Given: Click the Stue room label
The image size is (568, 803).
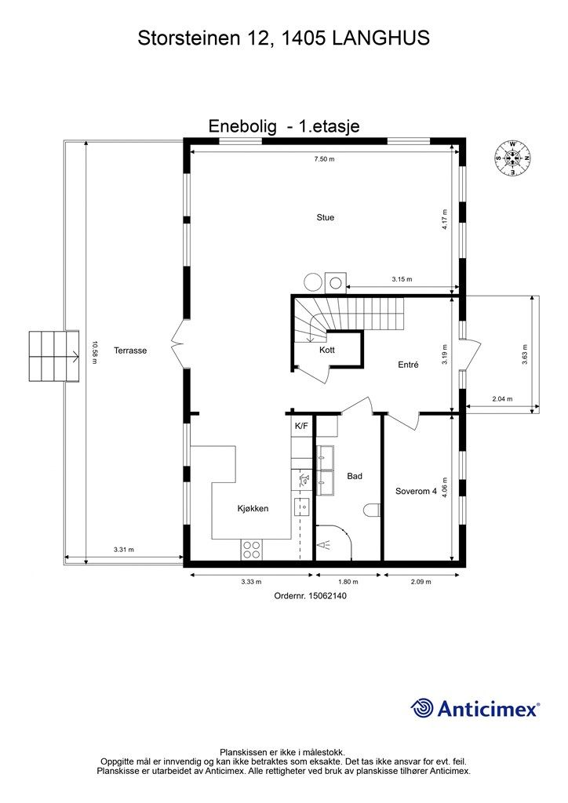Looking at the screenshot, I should click(x=325, y=217).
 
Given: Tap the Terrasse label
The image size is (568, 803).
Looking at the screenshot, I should click(x=129, y=351).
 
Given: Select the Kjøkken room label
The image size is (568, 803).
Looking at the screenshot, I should click(x=253, y=508).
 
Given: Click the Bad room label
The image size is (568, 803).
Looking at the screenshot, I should click(x=355, y=476).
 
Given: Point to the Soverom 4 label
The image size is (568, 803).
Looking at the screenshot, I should click(x=416, y=492).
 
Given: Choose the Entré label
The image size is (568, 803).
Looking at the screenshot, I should click(x=408, y=364).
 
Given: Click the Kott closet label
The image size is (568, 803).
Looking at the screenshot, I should click(x=327, y=350).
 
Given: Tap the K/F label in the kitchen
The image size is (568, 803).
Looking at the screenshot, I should click(x=301, y=426).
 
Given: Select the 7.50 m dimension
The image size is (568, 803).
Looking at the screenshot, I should click(x=324, y=158).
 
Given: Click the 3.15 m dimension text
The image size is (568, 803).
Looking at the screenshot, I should click(x=402, y=279).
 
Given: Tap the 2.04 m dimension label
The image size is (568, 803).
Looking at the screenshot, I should click(x=502, y=399).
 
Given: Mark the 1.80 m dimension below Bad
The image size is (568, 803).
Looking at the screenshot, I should click(x=348, y=582).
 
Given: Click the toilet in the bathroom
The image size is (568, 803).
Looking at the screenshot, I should click(x=373, y=512).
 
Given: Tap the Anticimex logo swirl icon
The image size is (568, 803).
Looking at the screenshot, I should click(x=423, y=708).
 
